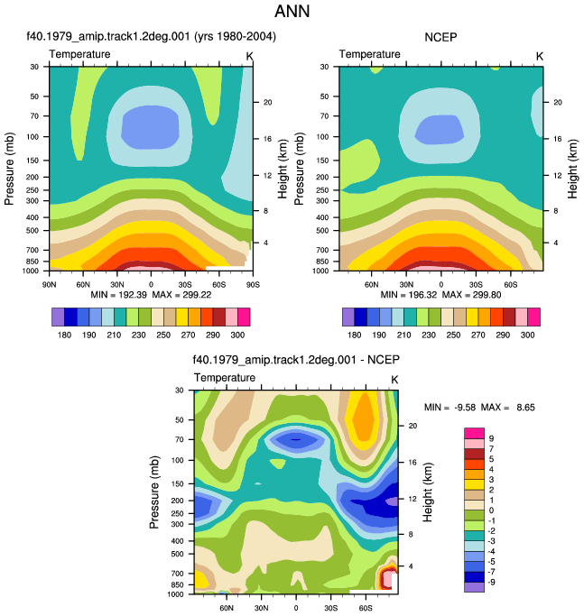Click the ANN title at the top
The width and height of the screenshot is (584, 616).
click(x=292, y=11)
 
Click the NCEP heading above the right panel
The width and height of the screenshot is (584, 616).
click(x=440, y=37)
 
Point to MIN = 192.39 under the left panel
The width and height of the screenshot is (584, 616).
click(x=118, y=295)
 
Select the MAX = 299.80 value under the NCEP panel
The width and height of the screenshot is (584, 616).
click(x=471, y=295)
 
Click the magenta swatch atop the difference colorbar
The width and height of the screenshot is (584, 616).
click(x=474, y=433)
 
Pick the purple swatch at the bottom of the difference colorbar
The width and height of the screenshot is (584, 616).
click(x=474, y=587)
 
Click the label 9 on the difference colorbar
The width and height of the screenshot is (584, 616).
click(x=491, y=438)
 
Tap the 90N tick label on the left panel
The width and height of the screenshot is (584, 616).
click(x=49, y=284)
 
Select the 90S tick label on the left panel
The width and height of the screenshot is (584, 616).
click(x=253, y=284)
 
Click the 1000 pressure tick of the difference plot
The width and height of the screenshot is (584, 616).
click(x=175, y=594)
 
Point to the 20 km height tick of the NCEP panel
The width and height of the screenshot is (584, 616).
click(x=558, y=102)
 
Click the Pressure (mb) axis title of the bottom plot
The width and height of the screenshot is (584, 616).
click(x=154, y=492)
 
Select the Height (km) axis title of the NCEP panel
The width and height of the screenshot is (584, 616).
click(x=572, y=169)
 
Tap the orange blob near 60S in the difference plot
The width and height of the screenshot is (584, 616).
click(x=364, y=419)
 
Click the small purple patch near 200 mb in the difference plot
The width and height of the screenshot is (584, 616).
click(x=392, y=501)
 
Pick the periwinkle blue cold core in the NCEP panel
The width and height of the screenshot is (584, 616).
click(x=440, y=129)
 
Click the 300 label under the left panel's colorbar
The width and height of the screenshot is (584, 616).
click(x=237, y=335)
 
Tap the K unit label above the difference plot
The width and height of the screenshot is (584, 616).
click(x=394, y=380)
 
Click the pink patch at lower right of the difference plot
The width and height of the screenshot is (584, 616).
click(x=387, y=580)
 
